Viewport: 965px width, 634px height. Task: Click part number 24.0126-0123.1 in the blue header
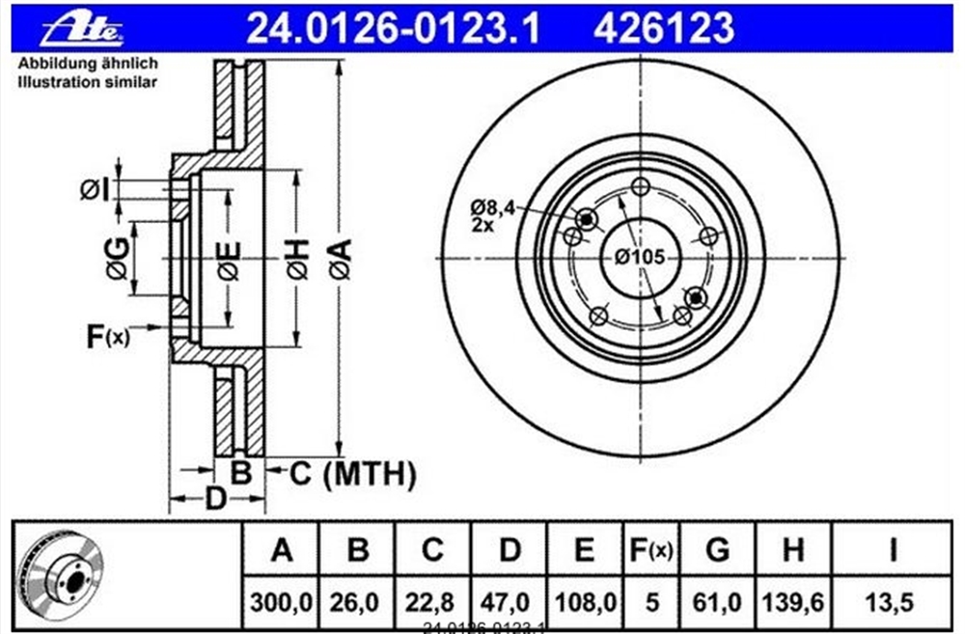click(393, 28)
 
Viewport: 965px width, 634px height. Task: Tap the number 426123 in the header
click(664, 28)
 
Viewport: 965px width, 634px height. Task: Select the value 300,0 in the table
click(281, 602)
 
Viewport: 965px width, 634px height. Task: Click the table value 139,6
click(793, 602)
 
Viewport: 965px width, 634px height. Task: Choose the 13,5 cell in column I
click(890, 602)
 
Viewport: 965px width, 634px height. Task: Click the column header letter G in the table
click(718, 550)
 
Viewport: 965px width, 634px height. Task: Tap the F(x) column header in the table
click(651, 550)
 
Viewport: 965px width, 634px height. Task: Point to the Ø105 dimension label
click(640, 257)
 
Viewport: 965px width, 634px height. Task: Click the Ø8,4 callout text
click(493, 207)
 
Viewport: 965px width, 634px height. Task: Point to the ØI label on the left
click(95, 189)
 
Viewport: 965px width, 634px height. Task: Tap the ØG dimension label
click(118, 258)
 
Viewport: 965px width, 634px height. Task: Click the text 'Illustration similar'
click(88, 82)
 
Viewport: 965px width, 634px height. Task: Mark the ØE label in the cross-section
click(229, 261)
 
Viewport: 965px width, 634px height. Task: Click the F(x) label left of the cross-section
click(108, 336)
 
